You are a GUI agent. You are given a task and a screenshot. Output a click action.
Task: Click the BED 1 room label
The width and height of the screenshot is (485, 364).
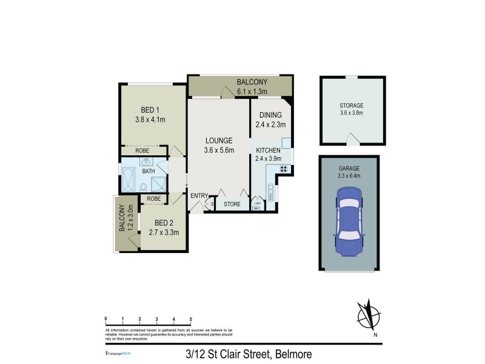[x=150, y=110]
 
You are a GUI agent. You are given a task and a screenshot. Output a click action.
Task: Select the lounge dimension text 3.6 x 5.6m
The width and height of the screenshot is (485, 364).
[x=218, y=150]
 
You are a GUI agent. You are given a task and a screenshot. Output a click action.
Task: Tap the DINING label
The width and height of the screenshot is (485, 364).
[x=270, y=115]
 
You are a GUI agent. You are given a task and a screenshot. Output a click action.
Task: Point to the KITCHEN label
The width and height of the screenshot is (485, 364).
[x=268, y=150]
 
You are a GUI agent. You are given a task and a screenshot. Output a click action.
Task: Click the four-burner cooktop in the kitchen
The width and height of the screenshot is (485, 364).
[x=283, y=168]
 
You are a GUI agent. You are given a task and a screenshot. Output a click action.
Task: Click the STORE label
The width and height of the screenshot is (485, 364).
[x=232, y=204]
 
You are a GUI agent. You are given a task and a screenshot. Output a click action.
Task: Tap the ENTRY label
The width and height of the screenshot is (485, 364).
[x=199, y=195]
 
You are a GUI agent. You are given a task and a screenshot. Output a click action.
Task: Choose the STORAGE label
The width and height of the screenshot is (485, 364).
[x=352, y=106]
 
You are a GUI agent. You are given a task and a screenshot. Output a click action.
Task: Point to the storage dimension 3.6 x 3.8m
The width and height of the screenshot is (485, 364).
[x=352, y=113]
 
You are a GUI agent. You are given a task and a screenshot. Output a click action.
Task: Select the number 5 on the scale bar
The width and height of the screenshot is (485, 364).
[x=191, y=318]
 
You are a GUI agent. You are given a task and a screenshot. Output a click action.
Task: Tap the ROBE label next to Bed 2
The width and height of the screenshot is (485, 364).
[x=153, y=198]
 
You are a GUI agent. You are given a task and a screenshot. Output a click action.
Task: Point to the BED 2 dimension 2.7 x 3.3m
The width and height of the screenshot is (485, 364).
[x=164, y=231]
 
